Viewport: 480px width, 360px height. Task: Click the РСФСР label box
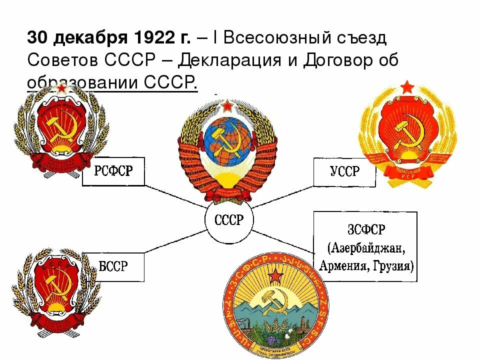(x=114, y=171)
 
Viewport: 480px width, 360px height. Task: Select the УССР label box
(x=344, y=172)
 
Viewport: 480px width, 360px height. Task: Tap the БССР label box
(x=113, y=266)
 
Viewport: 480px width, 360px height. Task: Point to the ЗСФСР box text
(x=365, y=246)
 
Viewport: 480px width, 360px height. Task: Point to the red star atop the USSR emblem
(x=228, y=106)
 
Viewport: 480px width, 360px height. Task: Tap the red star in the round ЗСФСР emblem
(x=275, y=275)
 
